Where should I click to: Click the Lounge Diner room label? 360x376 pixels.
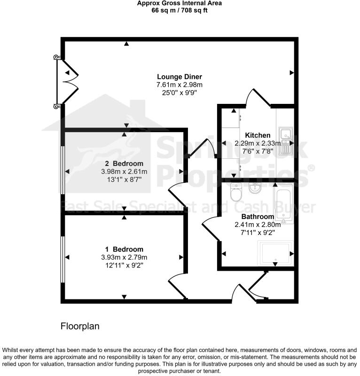pos(180,77)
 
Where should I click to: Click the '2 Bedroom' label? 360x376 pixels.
pos(124,164)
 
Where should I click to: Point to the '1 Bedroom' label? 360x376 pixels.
pos(124,249)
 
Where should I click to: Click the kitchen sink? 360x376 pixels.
pos(285,140)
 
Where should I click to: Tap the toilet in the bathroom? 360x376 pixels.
pos(235,193)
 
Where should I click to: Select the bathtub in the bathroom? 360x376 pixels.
pos(283,203)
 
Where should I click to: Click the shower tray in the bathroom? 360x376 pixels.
pos(275,253)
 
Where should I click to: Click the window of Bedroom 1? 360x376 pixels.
pos(62,258)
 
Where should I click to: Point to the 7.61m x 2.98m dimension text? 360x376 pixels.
pos(180,85)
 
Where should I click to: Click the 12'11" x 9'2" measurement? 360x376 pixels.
pos(124,265)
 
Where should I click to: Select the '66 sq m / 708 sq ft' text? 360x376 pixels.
pos(179,10)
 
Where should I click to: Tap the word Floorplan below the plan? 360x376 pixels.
pos(80,326)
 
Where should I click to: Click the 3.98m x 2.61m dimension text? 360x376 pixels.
pos(124,172)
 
